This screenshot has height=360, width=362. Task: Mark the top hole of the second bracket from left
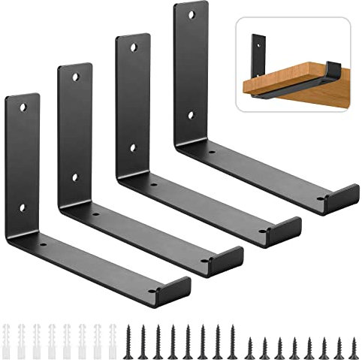77,77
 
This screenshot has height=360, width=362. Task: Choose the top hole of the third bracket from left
134,47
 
